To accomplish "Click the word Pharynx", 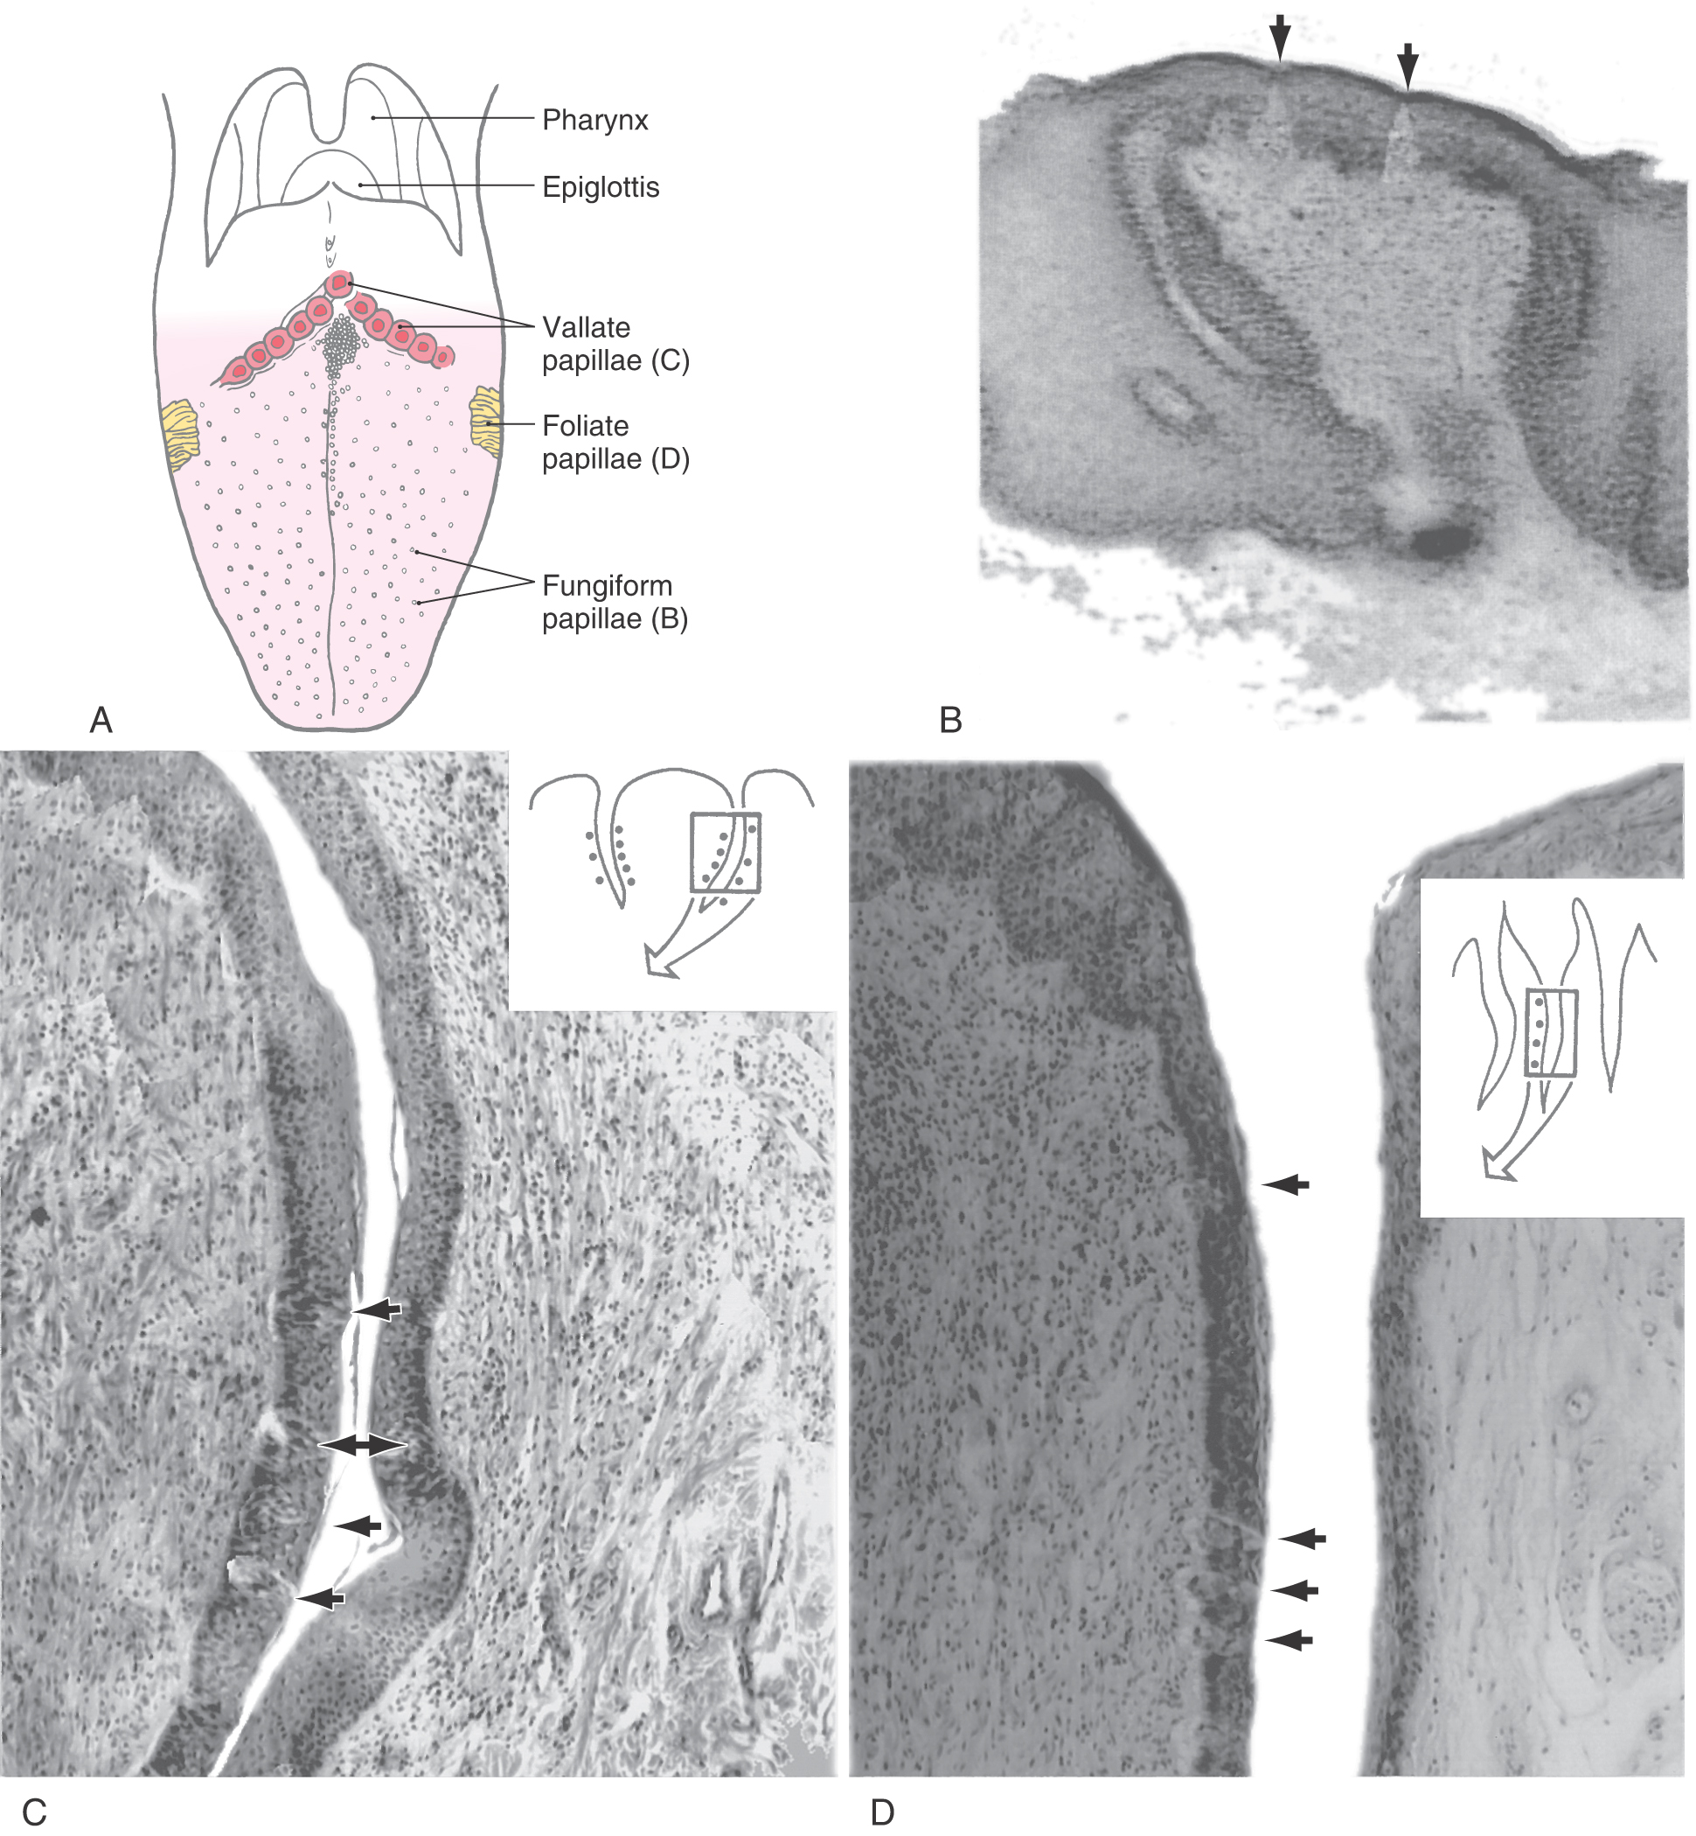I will pyautogui.click(x=594, y=120).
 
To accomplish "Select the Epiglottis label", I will pyautogui.click(x=601, y=187).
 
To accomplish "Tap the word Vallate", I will pyautogui.click(x=586, y=328).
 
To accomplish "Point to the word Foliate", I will pyautogui.click(x=585, y=426).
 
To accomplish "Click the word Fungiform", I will pyautogui.click(x=607, y=586).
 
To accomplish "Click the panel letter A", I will pyautogui.click(x=101, y=721).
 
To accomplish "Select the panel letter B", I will pyautogui.click(x=951, y=721).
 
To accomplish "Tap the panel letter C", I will pyautogui.click(x=34, y=1813).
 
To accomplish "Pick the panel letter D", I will pyautogui.click(x=882, y=1813).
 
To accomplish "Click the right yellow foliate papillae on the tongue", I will pyautogui.click(x=484, y=422).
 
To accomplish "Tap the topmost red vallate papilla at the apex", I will pyautogui.click(x=340, y=283).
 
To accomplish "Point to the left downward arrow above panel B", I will pyautogui.click(x=1279, y=38).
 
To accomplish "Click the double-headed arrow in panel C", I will pyautogui.click(x=363, y=1446).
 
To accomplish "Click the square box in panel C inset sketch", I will pyautogui.click(x=725, y=852).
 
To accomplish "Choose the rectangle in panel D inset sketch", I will pyautogui.click(x=1550, y=1033).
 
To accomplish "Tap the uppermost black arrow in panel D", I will pyautogui.click(x=1286, y=1185).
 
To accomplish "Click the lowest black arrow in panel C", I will pyautogui.click(x=319, y=1598).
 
